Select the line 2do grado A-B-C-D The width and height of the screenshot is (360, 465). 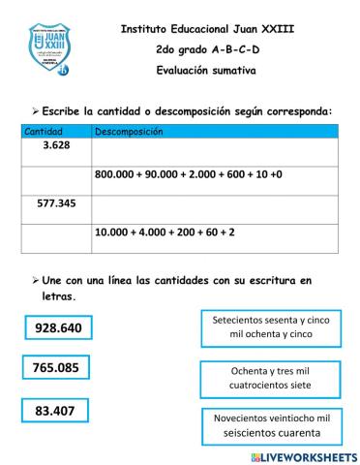click(x=207, y=49)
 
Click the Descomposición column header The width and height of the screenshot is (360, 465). click(x=129, y=131)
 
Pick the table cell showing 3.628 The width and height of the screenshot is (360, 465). click(x=56, y=145)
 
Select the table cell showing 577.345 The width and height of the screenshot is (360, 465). click(x=56, y=204)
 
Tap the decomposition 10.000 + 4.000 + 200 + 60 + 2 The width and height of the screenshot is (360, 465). click(x=165, y=233)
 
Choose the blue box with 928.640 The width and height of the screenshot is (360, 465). click(x=59, y=328)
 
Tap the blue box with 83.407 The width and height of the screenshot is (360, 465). click(x=55, y=410)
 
